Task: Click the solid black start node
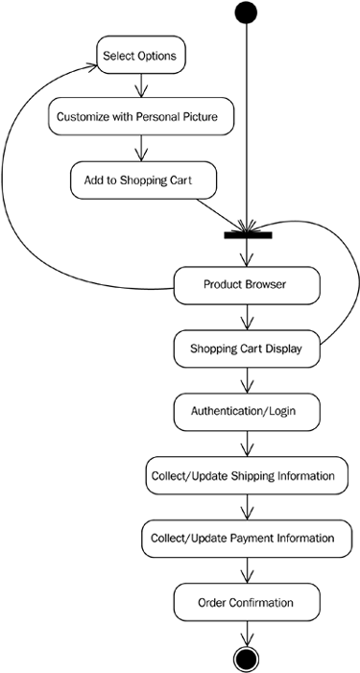click(x=247, y=12)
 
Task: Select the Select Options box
click(x=139, y=56)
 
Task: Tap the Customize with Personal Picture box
click(x=143, y=117)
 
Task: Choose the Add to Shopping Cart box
click(x=143, y=179)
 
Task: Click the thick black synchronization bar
click(x=248, y=234)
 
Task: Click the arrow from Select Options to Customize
click(x=142, y=86)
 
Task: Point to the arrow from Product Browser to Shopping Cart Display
click(x=248, y=317)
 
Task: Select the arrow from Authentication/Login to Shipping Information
click(x=248, y=444)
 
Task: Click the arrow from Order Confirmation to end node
click(x=248, y=633)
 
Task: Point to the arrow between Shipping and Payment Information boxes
click(x=248, y=507)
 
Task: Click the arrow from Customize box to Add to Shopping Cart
click(x=142, y=148)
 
